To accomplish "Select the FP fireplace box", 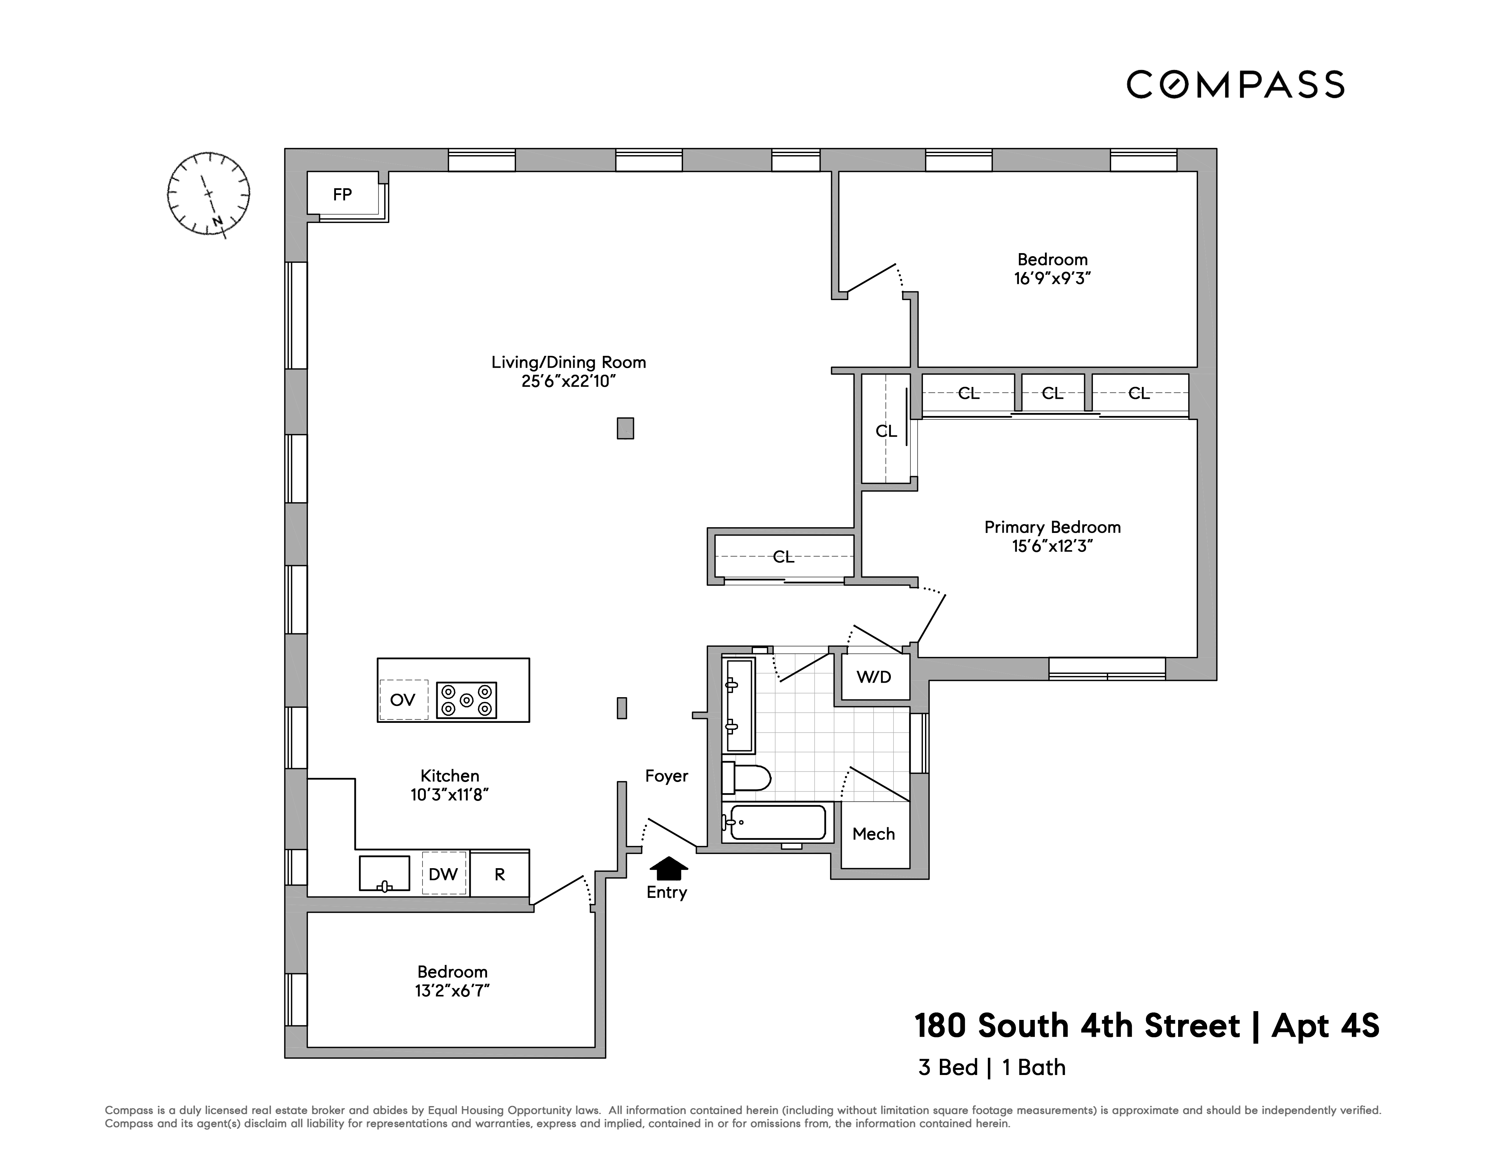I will coord(342,195).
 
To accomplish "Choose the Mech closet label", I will coord(874,834).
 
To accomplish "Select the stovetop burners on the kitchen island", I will coord(466,700).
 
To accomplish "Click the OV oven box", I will coord(403,700).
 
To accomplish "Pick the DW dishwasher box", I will coord(443,874).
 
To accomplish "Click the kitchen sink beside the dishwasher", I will coord(385,873).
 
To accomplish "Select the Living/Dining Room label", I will coord(568,362).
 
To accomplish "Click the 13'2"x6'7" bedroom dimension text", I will coord(453,991).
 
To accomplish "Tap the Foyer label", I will coord(666,776).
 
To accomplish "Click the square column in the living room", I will coord(625,428).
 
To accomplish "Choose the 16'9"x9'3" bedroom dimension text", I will coord(1052,278).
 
